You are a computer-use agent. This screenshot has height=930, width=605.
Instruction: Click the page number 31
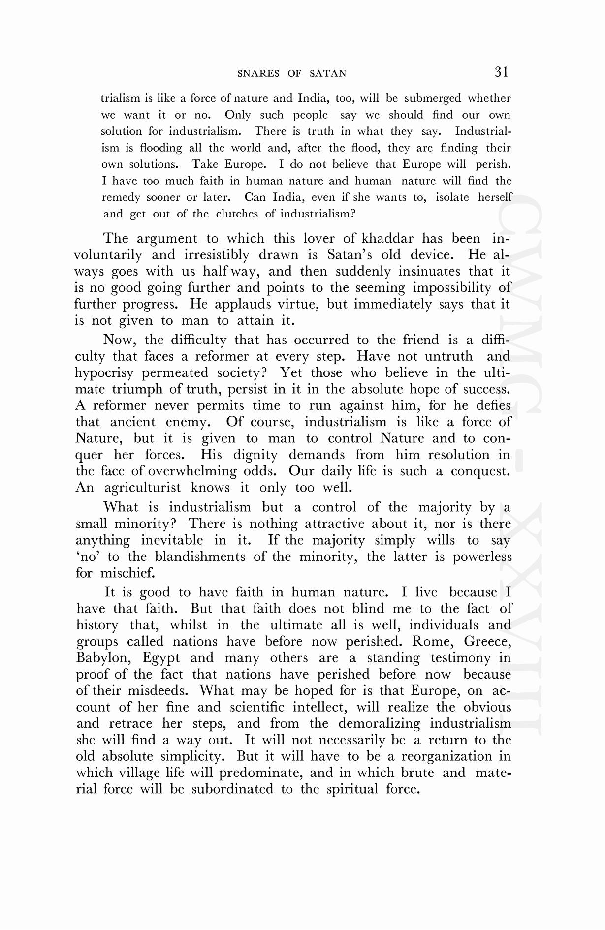click(x=501, y=72)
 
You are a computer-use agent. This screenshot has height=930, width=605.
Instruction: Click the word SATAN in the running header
click(x=328, y=74)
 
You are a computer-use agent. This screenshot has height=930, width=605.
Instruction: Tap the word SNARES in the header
click(x=258, y=74)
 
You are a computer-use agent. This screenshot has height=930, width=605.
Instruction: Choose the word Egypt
click(x=161, y=658)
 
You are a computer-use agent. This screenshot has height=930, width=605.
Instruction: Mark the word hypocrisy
click(x=104, y=373)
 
